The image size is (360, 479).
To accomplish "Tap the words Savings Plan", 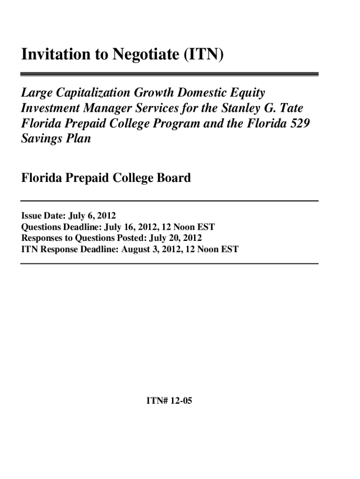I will [56, 139].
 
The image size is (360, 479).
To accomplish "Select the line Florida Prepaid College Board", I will [106, 178].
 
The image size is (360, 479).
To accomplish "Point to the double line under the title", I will [169, 74].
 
